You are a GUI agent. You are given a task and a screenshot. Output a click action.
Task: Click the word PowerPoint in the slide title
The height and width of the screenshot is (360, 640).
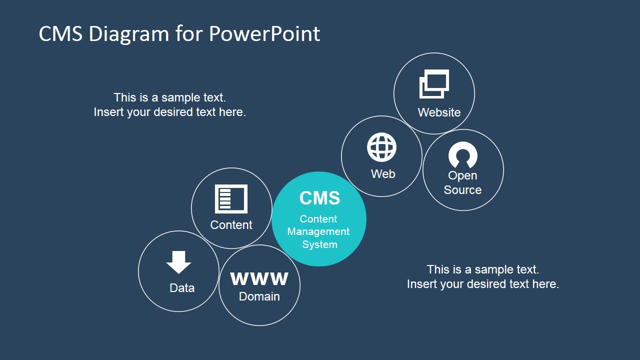click(x=264, y=34)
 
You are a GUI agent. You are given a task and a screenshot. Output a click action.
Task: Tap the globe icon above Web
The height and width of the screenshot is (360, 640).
click(x=382, y=147)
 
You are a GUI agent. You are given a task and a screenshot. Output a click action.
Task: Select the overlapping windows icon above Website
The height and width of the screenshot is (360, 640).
click(x=433, y=83)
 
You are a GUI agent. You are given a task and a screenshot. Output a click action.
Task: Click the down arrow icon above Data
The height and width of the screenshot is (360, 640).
click(x=178, y=262)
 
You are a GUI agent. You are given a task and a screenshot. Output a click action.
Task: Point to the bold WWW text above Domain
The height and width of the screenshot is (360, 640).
click(x=259, y=278)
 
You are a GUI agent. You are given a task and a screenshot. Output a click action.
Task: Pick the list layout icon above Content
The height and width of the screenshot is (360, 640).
click(x=231, y=199)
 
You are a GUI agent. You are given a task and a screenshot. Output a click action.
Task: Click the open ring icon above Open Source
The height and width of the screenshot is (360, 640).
click(x=463, y=155)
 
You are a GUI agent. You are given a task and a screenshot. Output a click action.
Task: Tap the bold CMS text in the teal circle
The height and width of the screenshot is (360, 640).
click(x=319, y=198)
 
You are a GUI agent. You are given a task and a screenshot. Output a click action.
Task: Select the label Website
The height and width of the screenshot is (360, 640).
click(x=439, y=112)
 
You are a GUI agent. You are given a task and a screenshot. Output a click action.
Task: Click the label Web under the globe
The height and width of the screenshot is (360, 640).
click(x=383, y=174)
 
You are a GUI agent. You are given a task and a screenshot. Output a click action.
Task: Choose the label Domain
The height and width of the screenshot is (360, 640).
click(x=259, y=296)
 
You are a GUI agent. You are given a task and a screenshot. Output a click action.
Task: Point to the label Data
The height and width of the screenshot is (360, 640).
click(x=182, y=288)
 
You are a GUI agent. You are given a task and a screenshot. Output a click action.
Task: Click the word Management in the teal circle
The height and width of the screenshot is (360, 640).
click(x=318, y=231)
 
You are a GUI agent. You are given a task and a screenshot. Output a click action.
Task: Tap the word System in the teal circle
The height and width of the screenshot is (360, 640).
click(x=319, y=244)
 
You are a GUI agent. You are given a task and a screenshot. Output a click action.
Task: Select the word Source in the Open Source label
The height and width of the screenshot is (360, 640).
click(x=462, y=190)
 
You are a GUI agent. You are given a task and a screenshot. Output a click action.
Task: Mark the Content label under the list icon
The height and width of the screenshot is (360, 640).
click(x=231, y=225)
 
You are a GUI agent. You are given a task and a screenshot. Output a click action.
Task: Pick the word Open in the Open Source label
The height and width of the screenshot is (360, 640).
click(x=462, y=175)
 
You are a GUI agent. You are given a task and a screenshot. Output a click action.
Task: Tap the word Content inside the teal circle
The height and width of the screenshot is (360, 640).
click(x=318, y=219)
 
